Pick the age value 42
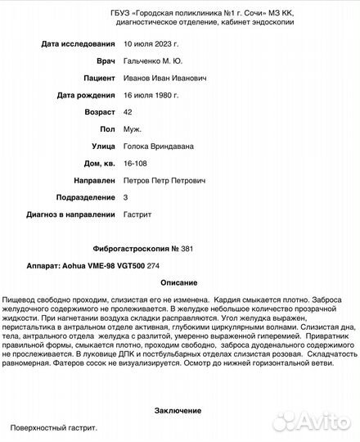click(127, 112)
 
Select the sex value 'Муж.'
click(132, 129)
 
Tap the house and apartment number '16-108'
click(135, 163)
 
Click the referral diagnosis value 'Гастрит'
click(137, 214)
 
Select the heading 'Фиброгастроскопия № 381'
click(144, 248)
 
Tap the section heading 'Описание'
click(178, 282)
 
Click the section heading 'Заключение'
click(178, 410)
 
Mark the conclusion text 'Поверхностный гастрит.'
click(54, 427)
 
